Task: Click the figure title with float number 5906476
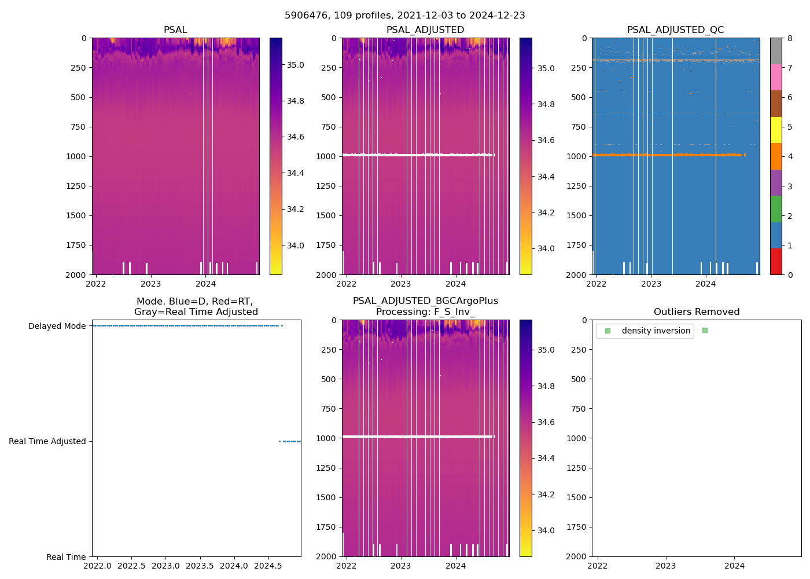404,16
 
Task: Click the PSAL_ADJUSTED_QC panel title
675,30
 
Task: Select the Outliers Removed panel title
696,312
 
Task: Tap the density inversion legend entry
656,331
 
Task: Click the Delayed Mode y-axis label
57,327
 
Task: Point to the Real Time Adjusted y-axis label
47,442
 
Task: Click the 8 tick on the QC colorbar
790,38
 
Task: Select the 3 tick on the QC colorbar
790,186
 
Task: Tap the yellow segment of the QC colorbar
776,130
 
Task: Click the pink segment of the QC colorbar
776,78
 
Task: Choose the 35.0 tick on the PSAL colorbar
295,65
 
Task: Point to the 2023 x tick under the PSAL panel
150,284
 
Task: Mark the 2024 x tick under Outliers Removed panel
735,566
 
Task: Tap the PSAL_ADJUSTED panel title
425,30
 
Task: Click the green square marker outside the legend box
705,331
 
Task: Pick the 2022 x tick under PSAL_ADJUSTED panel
346,284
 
